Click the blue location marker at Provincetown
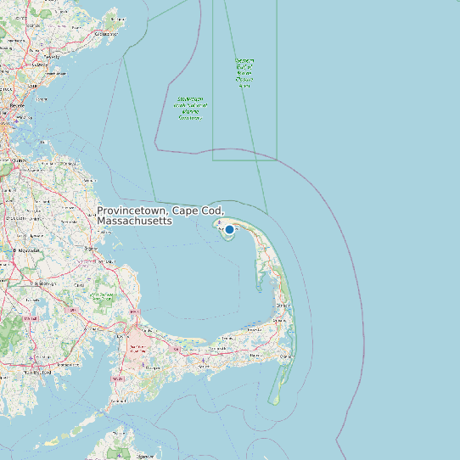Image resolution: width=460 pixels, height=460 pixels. (229, 229)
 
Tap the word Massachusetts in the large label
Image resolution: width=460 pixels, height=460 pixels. (134, 221)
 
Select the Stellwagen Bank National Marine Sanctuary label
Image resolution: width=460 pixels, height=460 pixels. (190, 108)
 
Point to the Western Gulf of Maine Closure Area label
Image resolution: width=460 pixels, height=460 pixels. (244, 73)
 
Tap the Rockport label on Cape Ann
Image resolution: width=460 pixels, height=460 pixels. (106, 34)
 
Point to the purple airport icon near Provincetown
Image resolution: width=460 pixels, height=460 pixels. (220, 222)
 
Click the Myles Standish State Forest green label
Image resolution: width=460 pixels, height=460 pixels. (103, 297)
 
